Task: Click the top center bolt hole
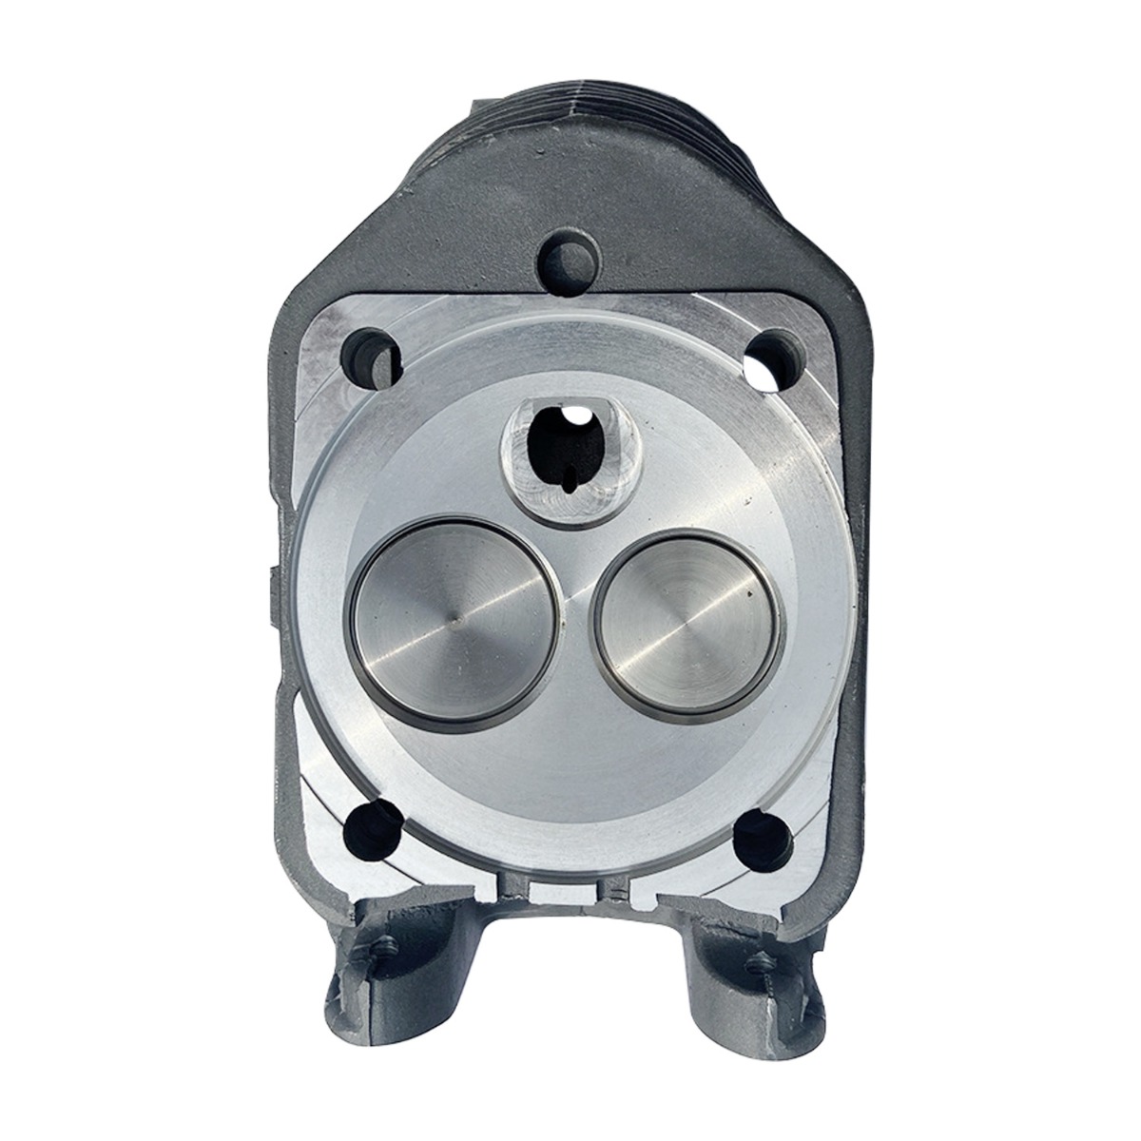click(569, 254)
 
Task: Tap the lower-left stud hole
click(373, 830)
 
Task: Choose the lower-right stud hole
click(766, 833)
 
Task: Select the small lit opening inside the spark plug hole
click(576, 416)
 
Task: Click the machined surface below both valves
click(570, 770)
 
